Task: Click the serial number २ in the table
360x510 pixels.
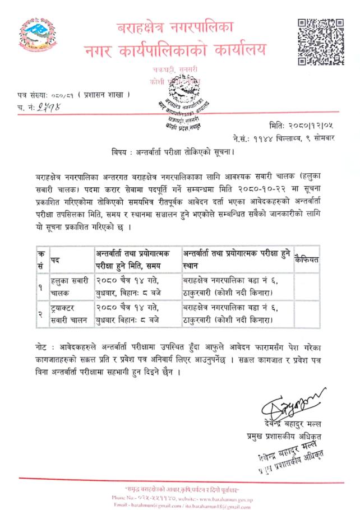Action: point(40,314)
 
